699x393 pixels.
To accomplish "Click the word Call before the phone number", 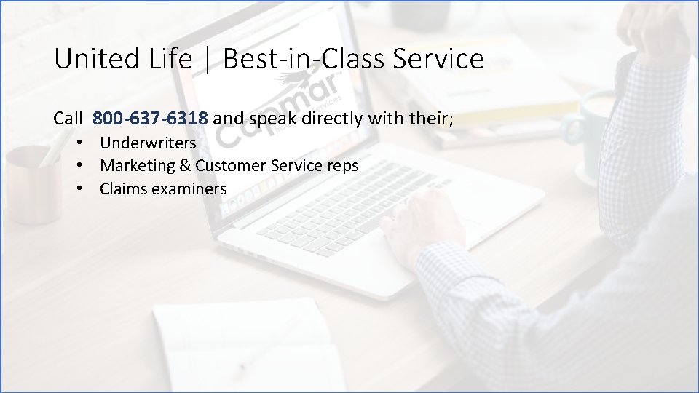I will click(68, 117).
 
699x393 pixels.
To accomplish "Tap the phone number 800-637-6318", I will click(151, 117).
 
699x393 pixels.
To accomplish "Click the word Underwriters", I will click(148, 143).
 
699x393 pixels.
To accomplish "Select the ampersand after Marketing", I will click(186, 166).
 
